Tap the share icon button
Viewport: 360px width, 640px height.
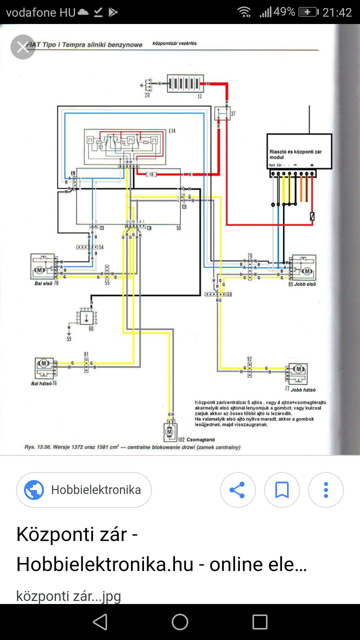pos(237,490)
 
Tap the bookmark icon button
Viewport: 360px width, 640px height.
pos(282,490)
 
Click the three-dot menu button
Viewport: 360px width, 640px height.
pos(325,490)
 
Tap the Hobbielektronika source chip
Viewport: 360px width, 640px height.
pos(84,490)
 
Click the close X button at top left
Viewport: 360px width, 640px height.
pos(22,47)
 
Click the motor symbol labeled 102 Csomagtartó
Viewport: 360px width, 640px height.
pos(169,431)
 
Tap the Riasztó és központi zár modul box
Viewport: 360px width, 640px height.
pos(299,151)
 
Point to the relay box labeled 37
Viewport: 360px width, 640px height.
pos(221,113)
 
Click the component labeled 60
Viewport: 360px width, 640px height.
pos(86,316)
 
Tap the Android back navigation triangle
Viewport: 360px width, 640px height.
pos(100,622)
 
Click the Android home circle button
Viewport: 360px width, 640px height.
pos(180,622)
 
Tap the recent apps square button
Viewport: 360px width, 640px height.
pos(260,622)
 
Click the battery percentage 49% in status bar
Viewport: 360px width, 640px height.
pos(284,12)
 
